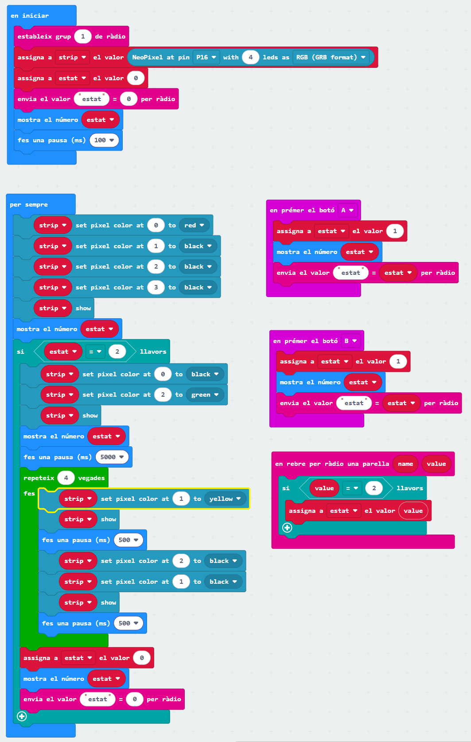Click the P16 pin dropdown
pos(206,57)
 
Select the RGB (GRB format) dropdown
pos(331,57)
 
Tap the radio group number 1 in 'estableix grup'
pos(83,36)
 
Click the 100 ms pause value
pos(104,140)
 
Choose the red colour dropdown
pos(194,225)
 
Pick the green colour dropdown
pos(205,394)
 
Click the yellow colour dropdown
pos(225,499)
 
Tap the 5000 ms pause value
pos(112,457)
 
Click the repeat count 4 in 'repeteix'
pos(66,478)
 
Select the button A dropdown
pos(347,210)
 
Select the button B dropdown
pos(350,341)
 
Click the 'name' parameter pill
pos(405,464)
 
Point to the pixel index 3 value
pos(156,287)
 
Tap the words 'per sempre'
pos(29,204)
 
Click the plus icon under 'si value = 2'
pos(287,527)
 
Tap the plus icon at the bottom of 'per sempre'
pos(21,716)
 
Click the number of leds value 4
pos(250,57)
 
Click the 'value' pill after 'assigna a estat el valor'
pos(413,511)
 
